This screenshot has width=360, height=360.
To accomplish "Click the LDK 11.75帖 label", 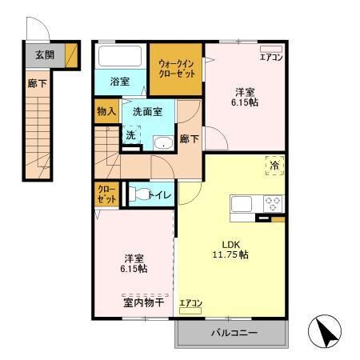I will pyautogui.click(x=230, y=249).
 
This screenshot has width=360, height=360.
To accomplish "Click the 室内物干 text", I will pyautogui.click(x=144, y=302).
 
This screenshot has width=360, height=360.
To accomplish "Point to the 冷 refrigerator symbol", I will pyautogui.click(x=274, y=166).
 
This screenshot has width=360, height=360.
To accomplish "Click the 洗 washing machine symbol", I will pyautogui.click(x=131, y=137).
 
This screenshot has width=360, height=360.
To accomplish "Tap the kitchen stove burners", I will pyautogui.click(x=273, y=202).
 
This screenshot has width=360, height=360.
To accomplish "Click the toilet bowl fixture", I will pyautogui.click(x=139, y=194).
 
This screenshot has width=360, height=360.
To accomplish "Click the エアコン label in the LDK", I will pyautogui.click(x=190, y=302).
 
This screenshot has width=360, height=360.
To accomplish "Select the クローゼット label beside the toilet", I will pyautogui.click(x=106, y=194).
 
